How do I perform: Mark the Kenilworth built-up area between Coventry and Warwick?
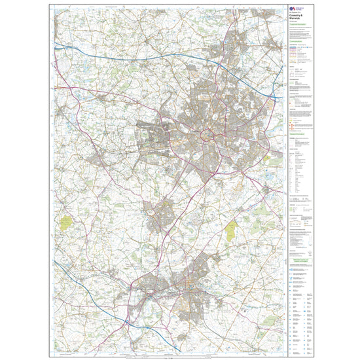tap(157, 217)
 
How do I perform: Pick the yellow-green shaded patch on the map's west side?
tap(67, 222)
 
